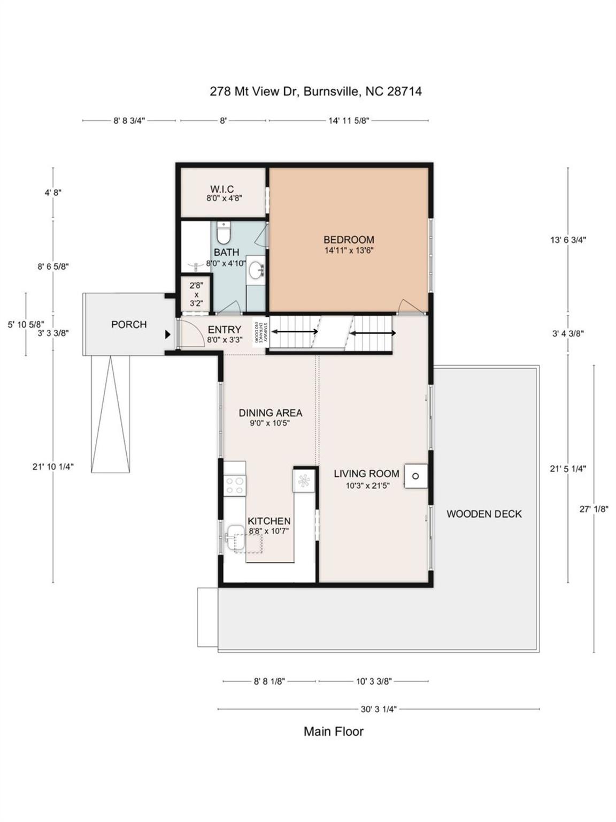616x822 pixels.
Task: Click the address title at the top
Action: click(315, 92)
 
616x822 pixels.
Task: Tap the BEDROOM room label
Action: click(349, 240)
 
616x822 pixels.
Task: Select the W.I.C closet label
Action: click(222, 189)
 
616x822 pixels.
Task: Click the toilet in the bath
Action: click(223, 233)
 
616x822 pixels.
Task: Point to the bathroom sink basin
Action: click(258, 269)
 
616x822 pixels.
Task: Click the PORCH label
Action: click(129, 324)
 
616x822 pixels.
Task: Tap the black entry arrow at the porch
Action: click(167, 334)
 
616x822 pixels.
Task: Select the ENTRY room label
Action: click(224, 330)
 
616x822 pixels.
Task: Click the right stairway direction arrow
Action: click(373, 333)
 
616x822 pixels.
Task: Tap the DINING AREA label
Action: click(270, 413)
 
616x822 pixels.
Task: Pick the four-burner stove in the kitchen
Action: click(234, 485)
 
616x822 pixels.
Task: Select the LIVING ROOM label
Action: click(366, 474)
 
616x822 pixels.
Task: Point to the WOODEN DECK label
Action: click(484, 514)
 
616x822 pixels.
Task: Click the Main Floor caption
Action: click(334, 732)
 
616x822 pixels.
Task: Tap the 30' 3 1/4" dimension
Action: click(378, 709)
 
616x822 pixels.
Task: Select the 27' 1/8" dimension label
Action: click(594, 509)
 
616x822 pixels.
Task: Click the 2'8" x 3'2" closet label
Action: click(196, 294)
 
